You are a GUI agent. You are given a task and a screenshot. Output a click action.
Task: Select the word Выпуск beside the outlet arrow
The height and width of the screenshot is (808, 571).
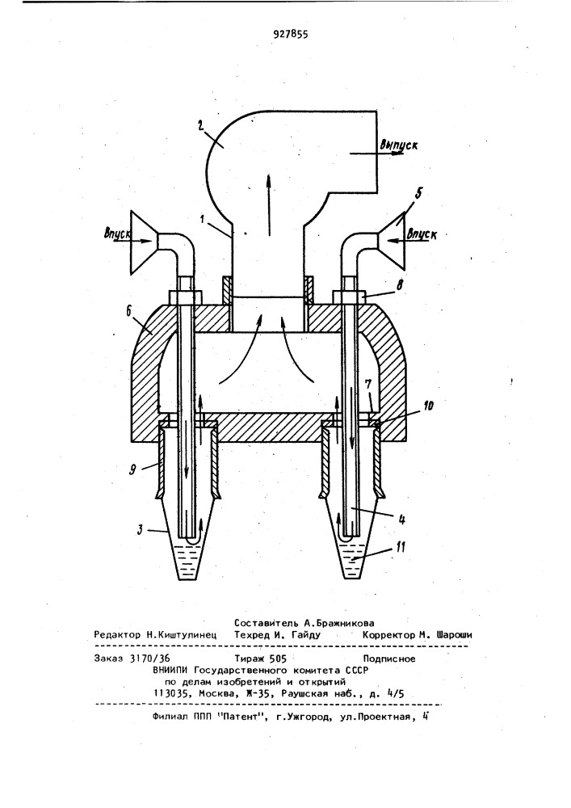[398, 145]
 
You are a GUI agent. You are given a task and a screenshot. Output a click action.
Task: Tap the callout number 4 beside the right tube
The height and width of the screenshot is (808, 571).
[401, 520]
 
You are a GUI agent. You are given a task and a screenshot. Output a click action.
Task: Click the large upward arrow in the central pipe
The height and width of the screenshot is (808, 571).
[268, 204]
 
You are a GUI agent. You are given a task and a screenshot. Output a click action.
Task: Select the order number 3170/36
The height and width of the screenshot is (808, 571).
[150, 659]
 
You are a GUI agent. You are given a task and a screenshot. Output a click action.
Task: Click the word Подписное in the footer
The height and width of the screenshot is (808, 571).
[389, 659]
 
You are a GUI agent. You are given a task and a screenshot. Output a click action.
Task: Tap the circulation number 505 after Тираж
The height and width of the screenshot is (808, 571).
[277, 659]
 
